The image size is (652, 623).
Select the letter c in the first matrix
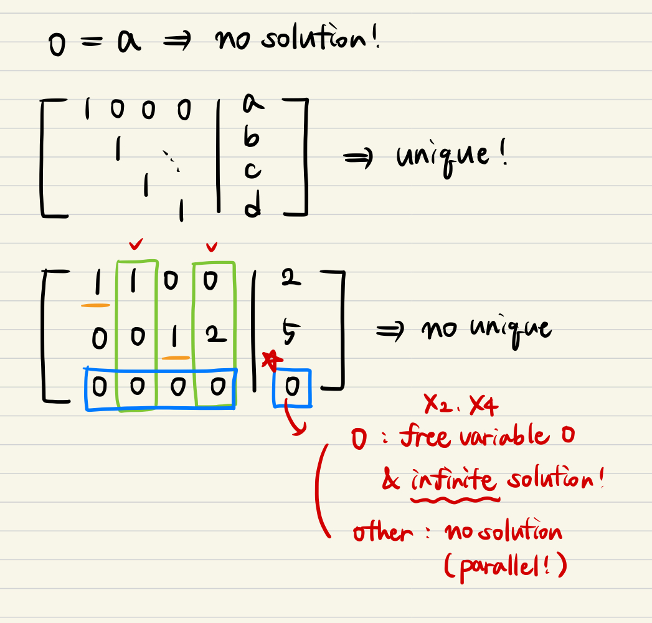252,171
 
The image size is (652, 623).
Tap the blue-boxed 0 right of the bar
292,388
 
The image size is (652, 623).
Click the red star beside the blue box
270,361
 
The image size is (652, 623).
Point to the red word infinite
454,481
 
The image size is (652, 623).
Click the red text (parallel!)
505,567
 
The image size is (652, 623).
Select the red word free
425,437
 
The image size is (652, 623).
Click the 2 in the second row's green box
214,337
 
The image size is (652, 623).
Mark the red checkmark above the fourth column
212,248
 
